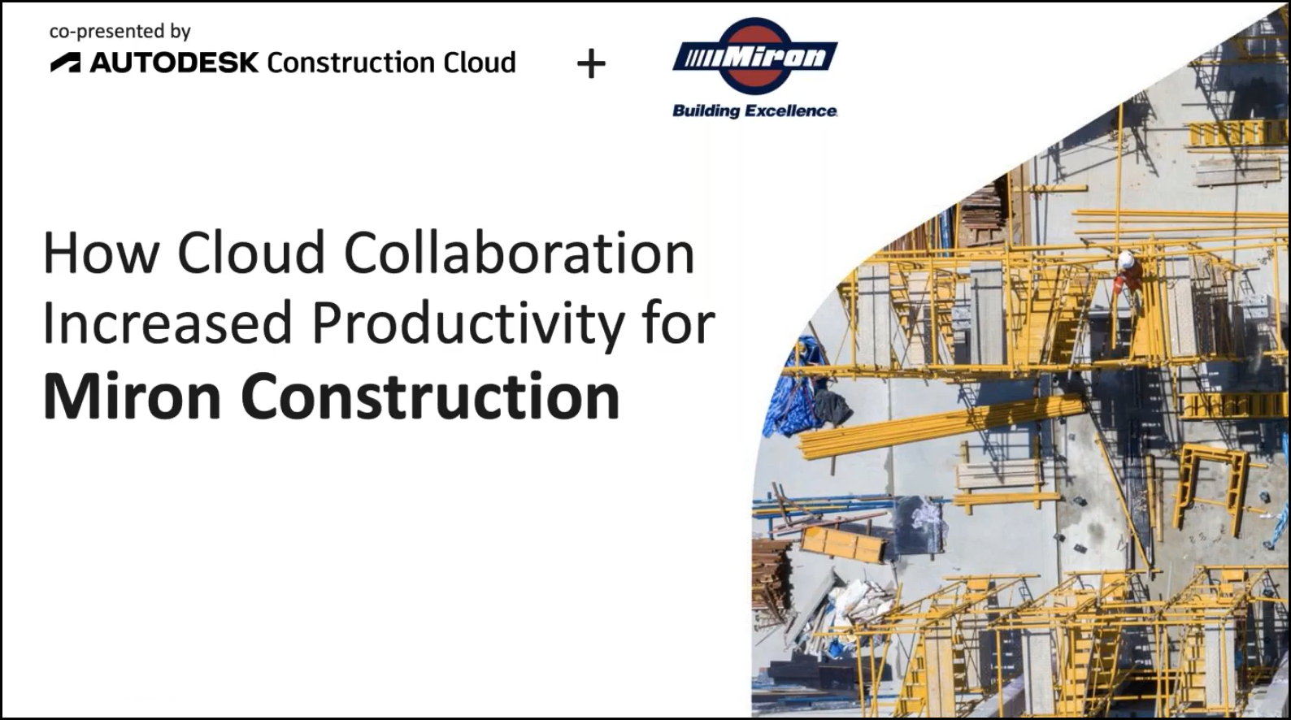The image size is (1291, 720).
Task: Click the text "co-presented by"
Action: click(x=120, y=31)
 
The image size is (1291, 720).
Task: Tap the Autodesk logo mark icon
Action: click(x=65, y=63)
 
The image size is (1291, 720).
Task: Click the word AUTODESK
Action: click(x=174, y=63)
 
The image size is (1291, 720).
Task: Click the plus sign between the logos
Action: click(x=591, y=64)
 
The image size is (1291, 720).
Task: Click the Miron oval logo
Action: click(x=754, y=56)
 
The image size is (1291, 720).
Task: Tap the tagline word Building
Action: click(x=704, y=111)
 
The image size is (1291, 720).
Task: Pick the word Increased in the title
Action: click(x=167, y=323)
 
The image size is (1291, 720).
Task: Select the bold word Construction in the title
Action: click(x=430, y=396)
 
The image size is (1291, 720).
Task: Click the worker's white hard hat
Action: click(x=1126, y=260)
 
